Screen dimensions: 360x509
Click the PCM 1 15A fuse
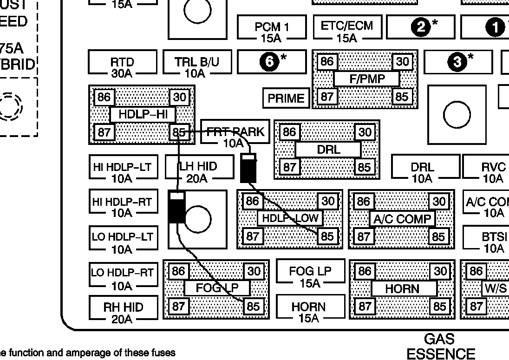[x=272, y=31]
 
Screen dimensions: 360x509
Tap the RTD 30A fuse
[x=122, y=66]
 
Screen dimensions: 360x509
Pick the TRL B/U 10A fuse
[x=197, y=66]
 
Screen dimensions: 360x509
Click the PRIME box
[x=286, y=98]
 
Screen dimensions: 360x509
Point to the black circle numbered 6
[x=269, y=62]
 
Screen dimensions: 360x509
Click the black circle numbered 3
[x=457, y=62]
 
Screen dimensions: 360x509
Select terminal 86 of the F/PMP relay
[x=327, y=62]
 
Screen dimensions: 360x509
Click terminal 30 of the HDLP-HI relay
[x=180, y=97]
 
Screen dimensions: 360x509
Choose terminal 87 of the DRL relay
[x=289, y=166]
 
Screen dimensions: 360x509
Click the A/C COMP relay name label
[x=402, y=218]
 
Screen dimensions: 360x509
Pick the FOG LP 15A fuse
[x=310, y=276]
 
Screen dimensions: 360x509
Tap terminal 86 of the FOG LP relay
[x=178, y=271]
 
